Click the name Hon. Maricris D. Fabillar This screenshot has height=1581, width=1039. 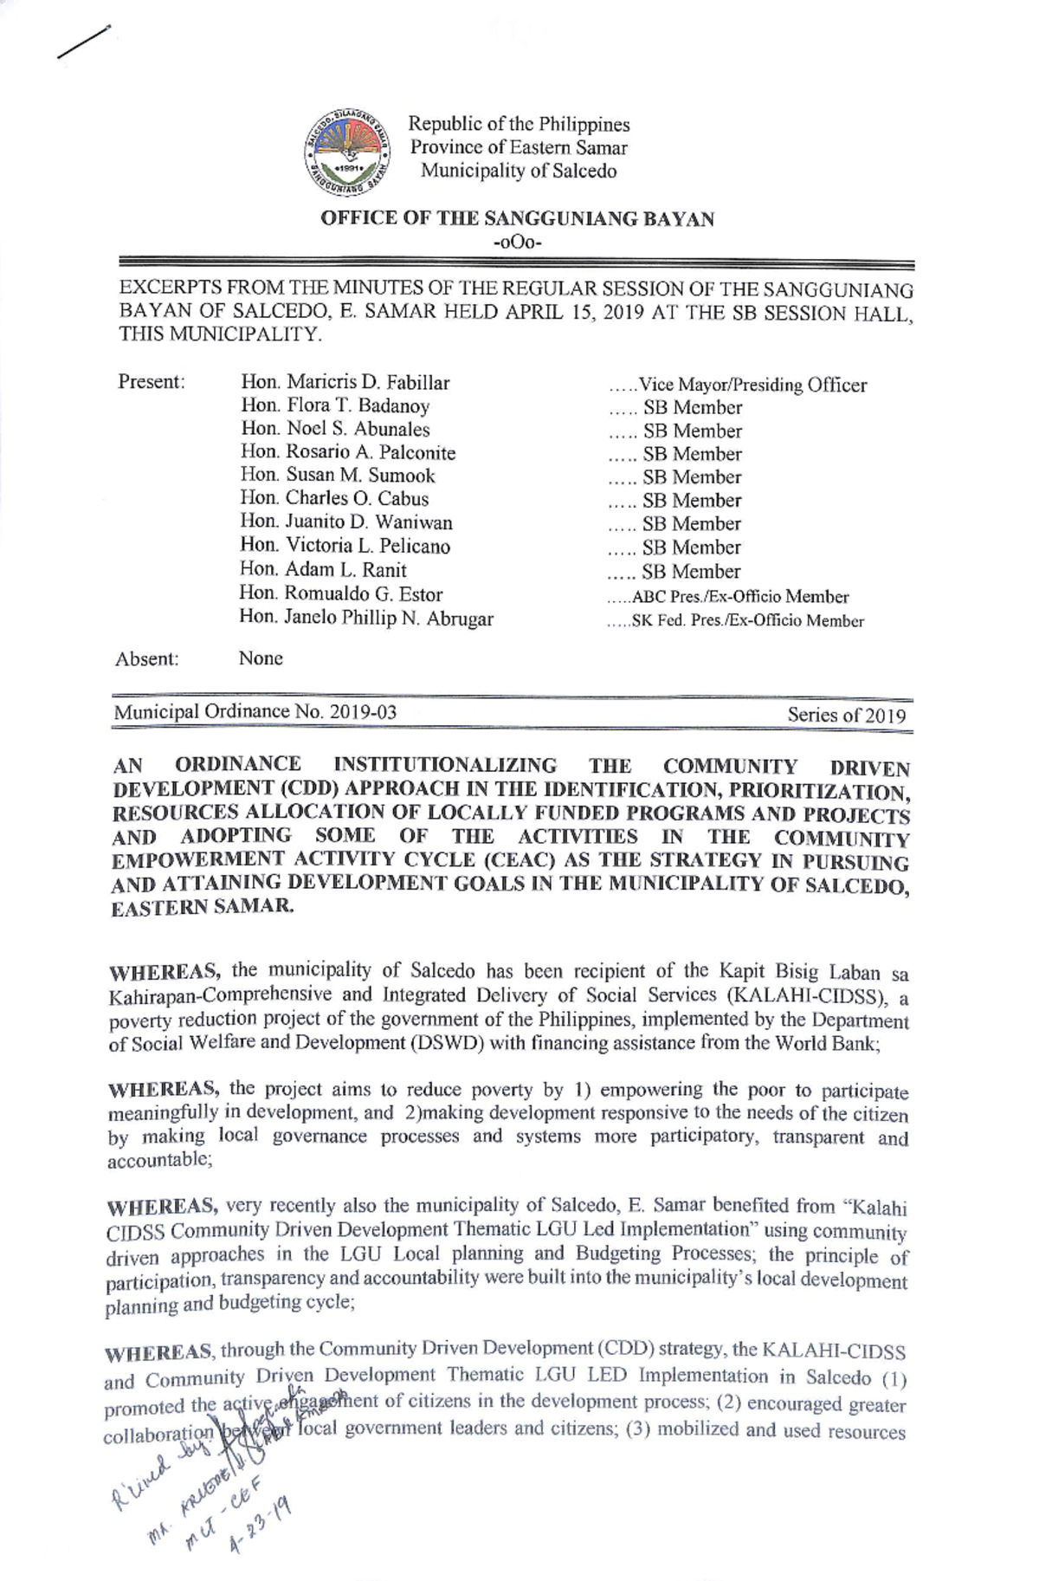[345, 383]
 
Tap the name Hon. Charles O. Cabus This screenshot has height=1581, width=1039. [334, 498]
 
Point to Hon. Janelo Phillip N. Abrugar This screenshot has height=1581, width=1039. [366, 619]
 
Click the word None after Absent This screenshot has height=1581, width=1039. [261, 658]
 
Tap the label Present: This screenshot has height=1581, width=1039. [152, 382]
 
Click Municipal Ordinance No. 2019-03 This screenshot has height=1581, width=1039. [255, 712]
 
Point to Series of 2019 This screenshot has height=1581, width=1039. [846, 716]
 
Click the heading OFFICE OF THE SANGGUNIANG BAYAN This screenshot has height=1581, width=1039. [517, 218]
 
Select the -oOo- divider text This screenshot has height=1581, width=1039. [517, 243]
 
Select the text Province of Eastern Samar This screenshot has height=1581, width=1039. [519, 148]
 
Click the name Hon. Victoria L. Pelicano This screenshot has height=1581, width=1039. [345, 547]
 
